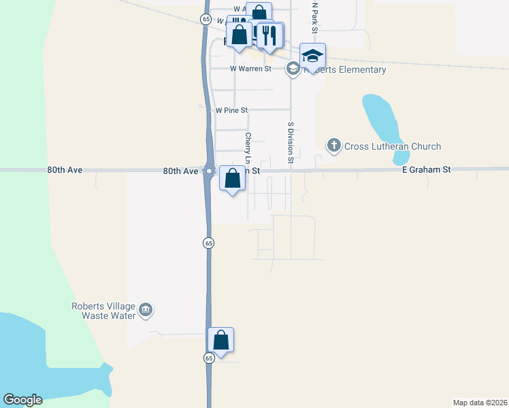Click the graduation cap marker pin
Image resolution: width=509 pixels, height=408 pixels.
[313, 56]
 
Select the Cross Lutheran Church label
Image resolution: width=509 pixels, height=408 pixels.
[393, 146]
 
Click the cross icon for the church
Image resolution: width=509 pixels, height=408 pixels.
[333, 145]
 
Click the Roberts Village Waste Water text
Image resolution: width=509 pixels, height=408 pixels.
[103, 311]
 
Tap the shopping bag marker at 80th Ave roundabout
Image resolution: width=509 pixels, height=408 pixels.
[233, 179]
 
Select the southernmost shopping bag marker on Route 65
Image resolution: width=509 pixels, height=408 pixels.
[220, 339]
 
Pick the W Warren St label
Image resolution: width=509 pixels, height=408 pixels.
[250, 69]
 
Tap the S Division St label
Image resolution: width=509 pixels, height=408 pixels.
[290, 143]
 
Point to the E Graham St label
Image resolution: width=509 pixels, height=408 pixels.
[427, 170]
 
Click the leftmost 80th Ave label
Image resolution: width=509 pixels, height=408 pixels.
[65, 170]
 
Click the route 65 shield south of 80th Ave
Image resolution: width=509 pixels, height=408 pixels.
[209, 243]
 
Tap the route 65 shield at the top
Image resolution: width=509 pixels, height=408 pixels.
[206, 20]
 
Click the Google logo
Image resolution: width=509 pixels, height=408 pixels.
[22, 400]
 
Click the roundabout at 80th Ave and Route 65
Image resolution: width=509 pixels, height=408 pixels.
[209, 171]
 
